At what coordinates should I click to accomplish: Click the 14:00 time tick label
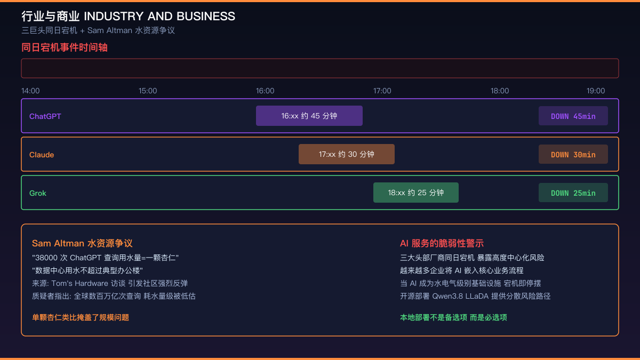[30, 91]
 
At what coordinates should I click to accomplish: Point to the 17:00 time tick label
[382, 91]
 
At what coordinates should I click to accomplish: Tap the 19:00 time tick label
[596, 91]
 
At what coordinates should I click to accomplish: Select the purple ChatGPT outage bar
[309, 116]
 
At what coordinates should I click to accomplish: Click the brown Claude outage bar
[347, 154]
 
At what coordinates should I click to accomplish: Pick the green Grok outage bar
[415, 193]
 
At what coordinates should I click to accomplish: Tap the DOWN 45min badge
[573, 116]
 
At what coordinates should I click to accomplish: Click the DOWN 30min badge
[573, 154]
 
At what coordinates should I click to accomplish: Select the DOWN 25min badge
[573, 193]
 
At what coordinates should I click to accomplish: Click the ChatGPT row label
[45, 116]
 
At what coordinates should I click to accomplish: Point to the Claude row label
[42, 155]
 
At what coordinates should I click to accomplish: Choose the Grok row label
[38, 193]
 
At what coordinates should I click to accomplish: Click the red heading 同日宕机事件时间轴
[65, 47]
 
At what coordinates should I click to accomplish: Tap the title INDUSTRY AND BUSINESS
[159, 17]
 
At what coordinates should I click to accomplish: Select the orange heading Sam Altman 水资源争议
[82, 243]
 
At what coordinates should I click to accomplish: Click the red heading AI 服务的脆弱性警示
[442, 243]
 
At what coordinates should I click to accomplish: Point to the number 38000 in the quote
[46, 258]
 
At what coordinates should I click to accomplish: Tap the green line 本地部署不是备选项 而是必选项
[453, 317]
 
